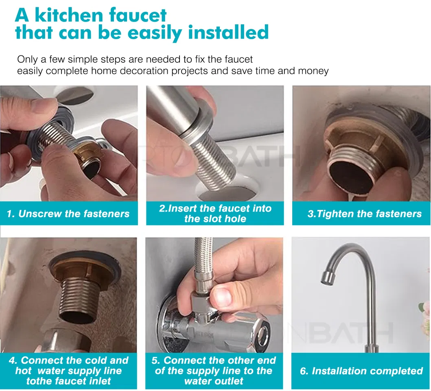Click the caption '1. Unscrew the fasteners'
pyautogui.click(x=68, y=214)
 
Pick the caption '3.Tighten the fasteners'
pyautogui.click(x=364, y=214)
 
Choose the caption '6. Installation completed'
pyautogui.click(x=361, y=371)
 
